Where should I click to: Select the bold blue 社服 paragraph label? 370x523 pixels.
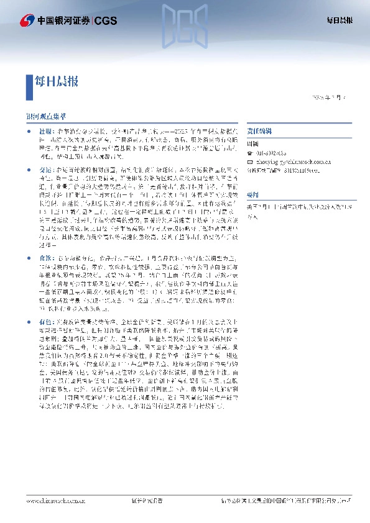tap(47, 132)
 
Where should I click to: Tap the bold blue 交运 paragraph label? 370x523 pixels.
tap(47, 168)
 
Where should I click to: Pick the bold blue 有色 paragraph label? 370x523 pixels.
tap(47, 322)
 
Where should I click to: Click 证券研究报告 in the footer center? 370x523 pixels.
tap(147, 516)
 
